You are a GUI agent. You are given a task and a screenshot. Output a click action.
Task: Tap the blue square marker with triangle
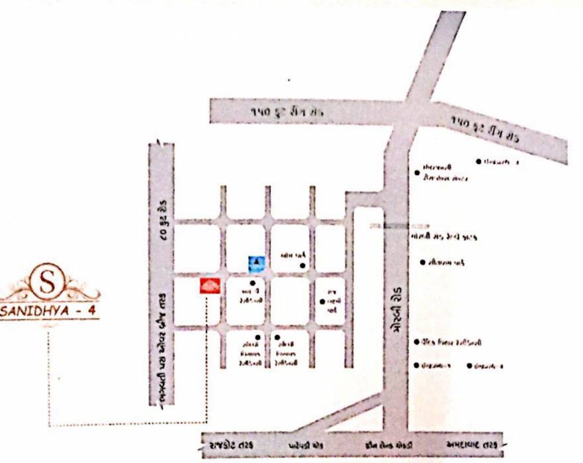click(x=256, y=263)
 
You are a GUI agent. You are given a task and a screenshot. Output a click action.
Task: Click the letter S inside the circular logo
click(x=50, y=280)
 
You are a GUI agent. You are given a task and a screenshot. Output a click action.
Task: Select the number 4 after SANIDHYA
click(x=91, y=313)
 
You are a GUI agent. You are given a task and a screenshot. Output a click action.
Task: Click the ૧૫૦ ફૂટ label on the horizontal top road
click(x=288, y=112)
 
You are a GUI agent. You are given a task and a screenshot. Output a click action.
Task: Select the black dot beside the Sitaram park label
click(x=422, y=262)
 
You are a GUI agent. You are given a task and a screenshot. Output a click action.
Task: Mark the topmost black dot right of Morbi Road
click(x=479, y=162)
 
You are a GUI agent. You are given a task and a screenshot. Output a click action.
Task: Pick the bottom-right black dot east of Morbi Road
click(x=469, y=365)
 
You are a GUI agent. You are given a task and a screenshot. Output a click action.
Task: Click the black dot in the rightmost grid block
click(x=322, y=301)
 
